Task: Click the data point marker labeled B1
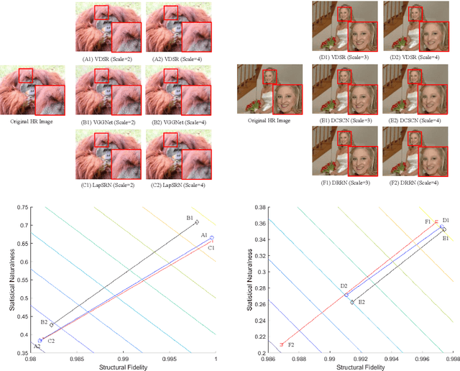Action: (x=197, y=222)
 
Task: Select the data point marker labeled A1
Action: (x=211, y=237)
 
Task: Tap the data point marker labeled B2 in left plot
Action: (x=51, y=324)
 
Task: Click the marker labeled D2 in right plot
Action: (x=346, y=295)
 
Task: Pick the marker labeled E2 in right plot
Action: (x=352, y=302)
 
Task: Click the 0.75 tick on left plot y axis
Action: (x=24, y=207)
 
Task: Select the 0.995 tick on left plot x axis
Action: (x=169, y=357)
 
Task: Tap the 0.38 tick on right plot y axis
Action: (x=256, y=207)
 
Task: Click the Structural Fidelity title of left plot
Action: (x=123, y=367)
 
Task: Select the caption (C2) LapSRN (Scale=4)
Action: (x=177, y=180)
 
